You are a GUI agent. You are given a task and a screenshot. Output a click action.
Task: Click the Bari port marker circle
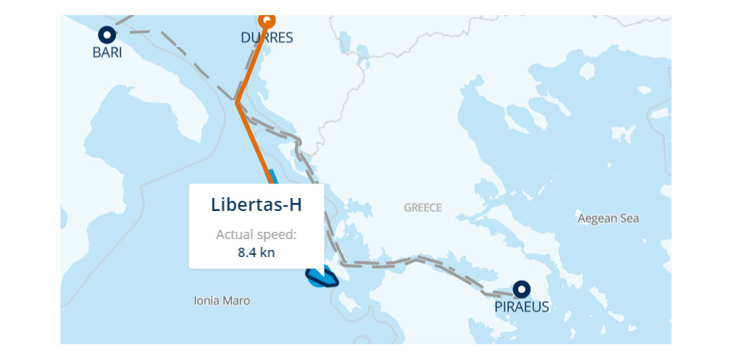coord(107,34)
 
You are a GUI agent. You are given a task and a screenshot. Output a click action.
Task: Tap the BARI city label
coord(107,53)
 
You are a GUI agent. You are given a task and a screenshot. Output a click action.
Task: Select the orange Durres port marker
coord(266,19)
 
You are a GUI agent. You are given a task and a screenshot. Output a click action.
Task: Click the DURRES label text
coord(267,38)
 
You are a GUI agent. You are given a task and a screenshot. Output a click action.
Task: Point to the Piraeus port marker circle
coord(522,289)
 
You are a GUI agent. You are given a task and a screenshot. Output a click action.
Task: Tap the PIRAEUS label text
coord(522,307)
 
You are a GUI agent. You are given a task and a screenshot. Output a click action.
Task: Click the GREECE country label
coord(423,207)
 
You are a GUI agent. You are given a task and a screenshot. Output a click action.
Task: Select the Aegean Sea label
coord(608,218)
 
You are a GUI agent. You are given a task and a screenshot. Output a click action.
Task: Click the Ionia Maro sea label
coord(222,300)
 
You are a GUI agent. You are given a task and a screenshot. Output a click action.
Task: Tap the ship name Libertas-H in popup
coord(256,204)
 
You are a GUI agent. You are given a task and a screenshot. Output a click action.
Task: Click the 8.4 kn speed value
coord(256,252)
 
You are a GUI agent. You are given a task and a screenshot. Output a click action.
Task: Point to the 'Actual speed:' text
coord(256,235)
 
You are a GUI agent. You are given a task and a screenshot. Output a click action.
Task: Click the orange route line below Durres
coord(252,61)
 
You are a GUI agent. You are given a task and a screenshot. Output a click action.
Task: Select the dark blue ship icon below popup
coord(321,276)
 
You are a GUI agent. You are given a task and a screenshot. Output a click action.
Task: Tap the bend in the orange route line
coord(237,103)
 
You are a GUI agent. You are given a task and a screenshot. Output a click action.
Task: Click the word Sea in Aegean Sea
coord(628,218)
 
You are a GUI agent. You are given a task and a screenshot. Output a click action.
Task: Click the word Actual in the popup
coord(234,235)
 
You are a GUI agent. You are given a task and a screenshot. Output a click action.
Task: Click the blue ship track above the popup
coord(271,176)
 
